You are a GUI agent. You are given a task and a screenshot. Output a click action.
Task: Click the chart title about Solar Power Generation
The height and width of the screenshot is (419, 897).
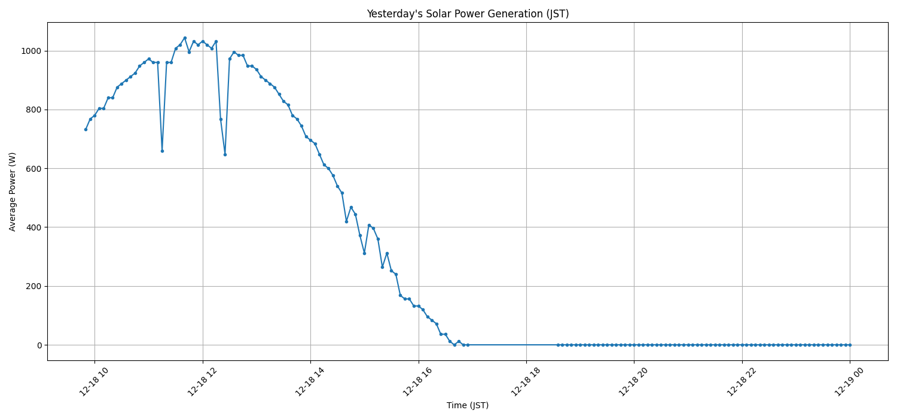(468, 14)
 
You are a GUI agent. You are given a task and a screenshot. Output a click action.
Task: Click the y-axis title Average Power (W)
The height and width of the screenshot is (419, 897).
(13, 192)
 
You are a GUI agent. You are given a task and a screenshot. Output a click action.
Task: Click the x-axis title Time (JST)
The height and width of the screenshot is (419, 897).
(468, 405)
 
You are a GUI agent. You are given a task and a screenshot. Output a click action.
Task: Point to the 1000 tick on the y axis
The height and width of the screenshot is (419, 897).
(31, 51)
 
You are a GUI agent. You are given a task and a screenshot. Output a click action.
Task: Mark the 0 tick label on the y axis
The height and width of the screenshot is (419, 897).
(39, 345)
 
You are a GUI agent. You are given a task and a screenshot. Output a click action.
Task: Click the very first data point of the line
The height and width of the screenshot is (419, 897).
(86, 129)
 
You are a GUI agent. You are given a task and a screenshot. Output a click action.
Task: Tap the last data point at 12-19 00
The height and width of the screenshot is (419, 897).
(850, 345)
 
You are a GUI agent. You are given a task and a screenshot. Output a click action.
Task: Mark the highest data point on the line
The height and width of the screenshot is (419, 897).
(185, 38)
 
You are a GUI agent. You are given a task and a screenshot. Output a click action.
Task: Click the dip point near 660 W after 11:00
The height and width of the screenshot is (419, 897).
(162, 151)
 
